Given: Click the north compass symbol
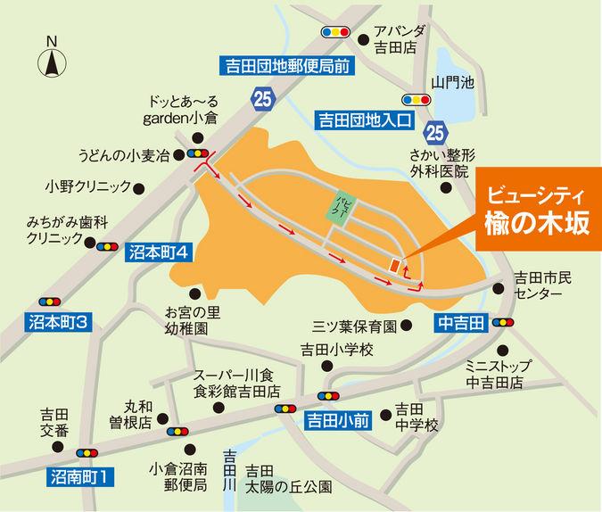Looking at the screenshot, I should click(x=52, y=61).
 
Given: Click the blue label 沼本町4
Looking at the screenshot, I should click(x=157, y=252).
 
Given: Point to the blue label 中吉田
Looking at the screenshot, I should click(x=460, y=322).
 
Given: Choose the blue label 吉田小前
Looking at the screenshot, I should click(x=338, y=417).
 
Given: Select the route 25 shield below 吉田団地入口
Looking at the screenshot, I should click(x=434, y=134).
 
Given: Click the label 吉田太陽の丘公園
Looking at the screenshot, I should click(x=288, y=479).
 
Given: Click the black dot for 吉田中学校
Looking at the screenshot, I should click(x=385, y=414).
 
